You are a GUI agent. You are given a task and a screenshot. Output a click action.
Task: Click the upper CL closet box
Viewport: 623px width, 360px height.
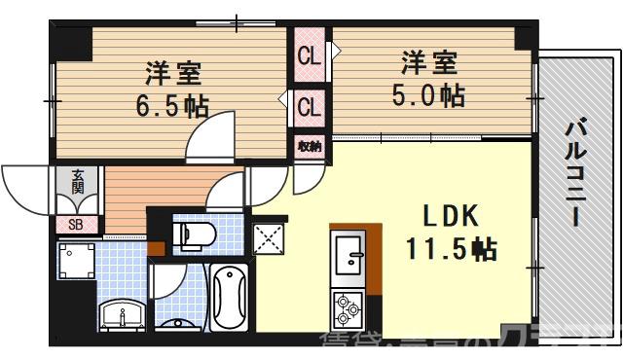click(x=310, y=57)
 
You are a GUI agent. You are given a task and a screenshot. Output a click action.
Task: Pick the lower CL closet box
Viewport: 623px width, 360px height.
click(x=310, y=105)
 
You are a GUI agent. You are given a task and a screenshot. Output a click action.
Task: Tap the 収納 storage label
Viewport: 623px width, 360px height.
click(x=310, y=146)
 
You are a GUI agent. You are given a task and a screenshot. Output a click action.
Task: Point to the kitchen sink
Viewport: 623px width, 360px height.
click(x=348, y=258)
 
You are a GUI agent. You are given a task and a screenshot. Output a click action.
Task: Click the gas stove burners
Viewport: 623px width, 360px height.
click(x=348, y=310)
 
